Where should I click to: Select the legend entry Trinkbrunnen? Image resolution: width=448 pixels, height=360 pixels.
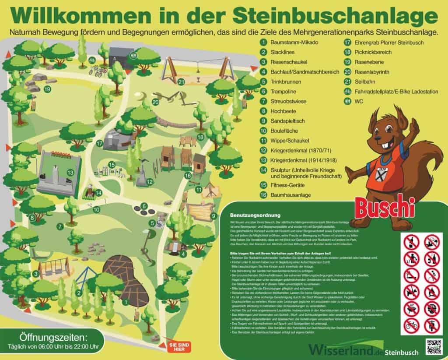pyautogui.click(x=287, y=81)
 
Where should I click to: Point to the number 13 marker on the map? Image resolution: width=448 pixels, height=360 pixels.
pyautogui.click(x=70, y=173)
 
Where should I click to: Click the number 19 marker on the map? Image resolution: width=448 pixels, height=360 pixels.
pyautogui.click(x=47, y=89)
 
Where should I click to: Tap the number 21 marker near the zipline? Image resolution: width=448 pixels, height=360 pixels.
pyautogui.click(x=181, y=81)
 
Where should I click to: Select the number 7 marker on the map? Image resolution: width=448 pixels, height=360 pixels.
pyautogui.click(x=60, y=226)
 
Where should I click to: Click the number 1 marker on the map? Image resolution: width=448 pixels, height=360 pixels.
pyautogui.click(x=126, y=301)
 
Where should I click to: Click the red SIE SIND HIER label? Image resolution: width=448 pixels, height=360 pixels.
pyautogui.click(x=179, y=347)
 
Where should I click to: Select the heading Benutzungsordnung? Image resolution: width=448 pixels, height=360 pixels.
pyautogui.click(x=252, y=216)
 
